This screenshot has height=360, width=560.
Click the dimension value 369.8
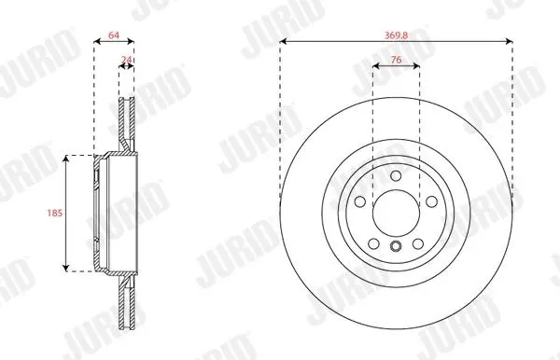click(396, 35)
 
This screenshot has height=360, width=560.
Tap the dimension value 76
click(396, 60)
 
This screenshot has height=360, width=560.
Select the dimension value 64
click(114, 35)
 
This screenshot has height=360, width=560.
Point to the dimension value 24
click(126, 60)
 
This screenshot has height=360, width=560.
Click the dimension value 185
click(55, 213)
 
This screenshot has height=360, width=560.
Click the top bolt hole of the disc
click(396, 175)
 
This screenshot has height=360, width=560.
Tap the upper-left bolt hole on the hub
click(360, 201)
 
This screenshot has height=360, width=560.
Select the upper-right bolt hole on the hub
click(432, 201)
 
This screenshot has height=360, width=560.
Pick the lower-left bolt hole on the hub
click(373, 244)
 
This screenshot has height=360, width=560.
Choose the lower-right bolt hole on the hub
click(418, 244)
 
